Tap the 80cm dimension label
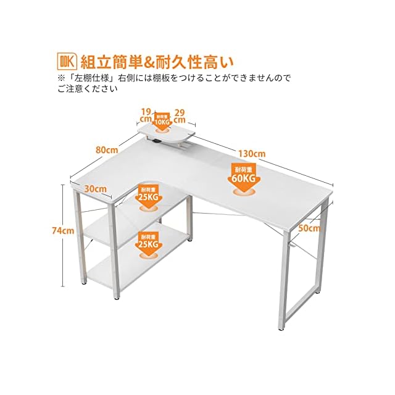(x=107, y=149)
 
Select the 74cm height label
(x=62, y=230)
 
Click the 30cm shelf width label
(x=96, y=187)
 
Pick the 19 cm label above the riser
(x=146, y=115)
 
